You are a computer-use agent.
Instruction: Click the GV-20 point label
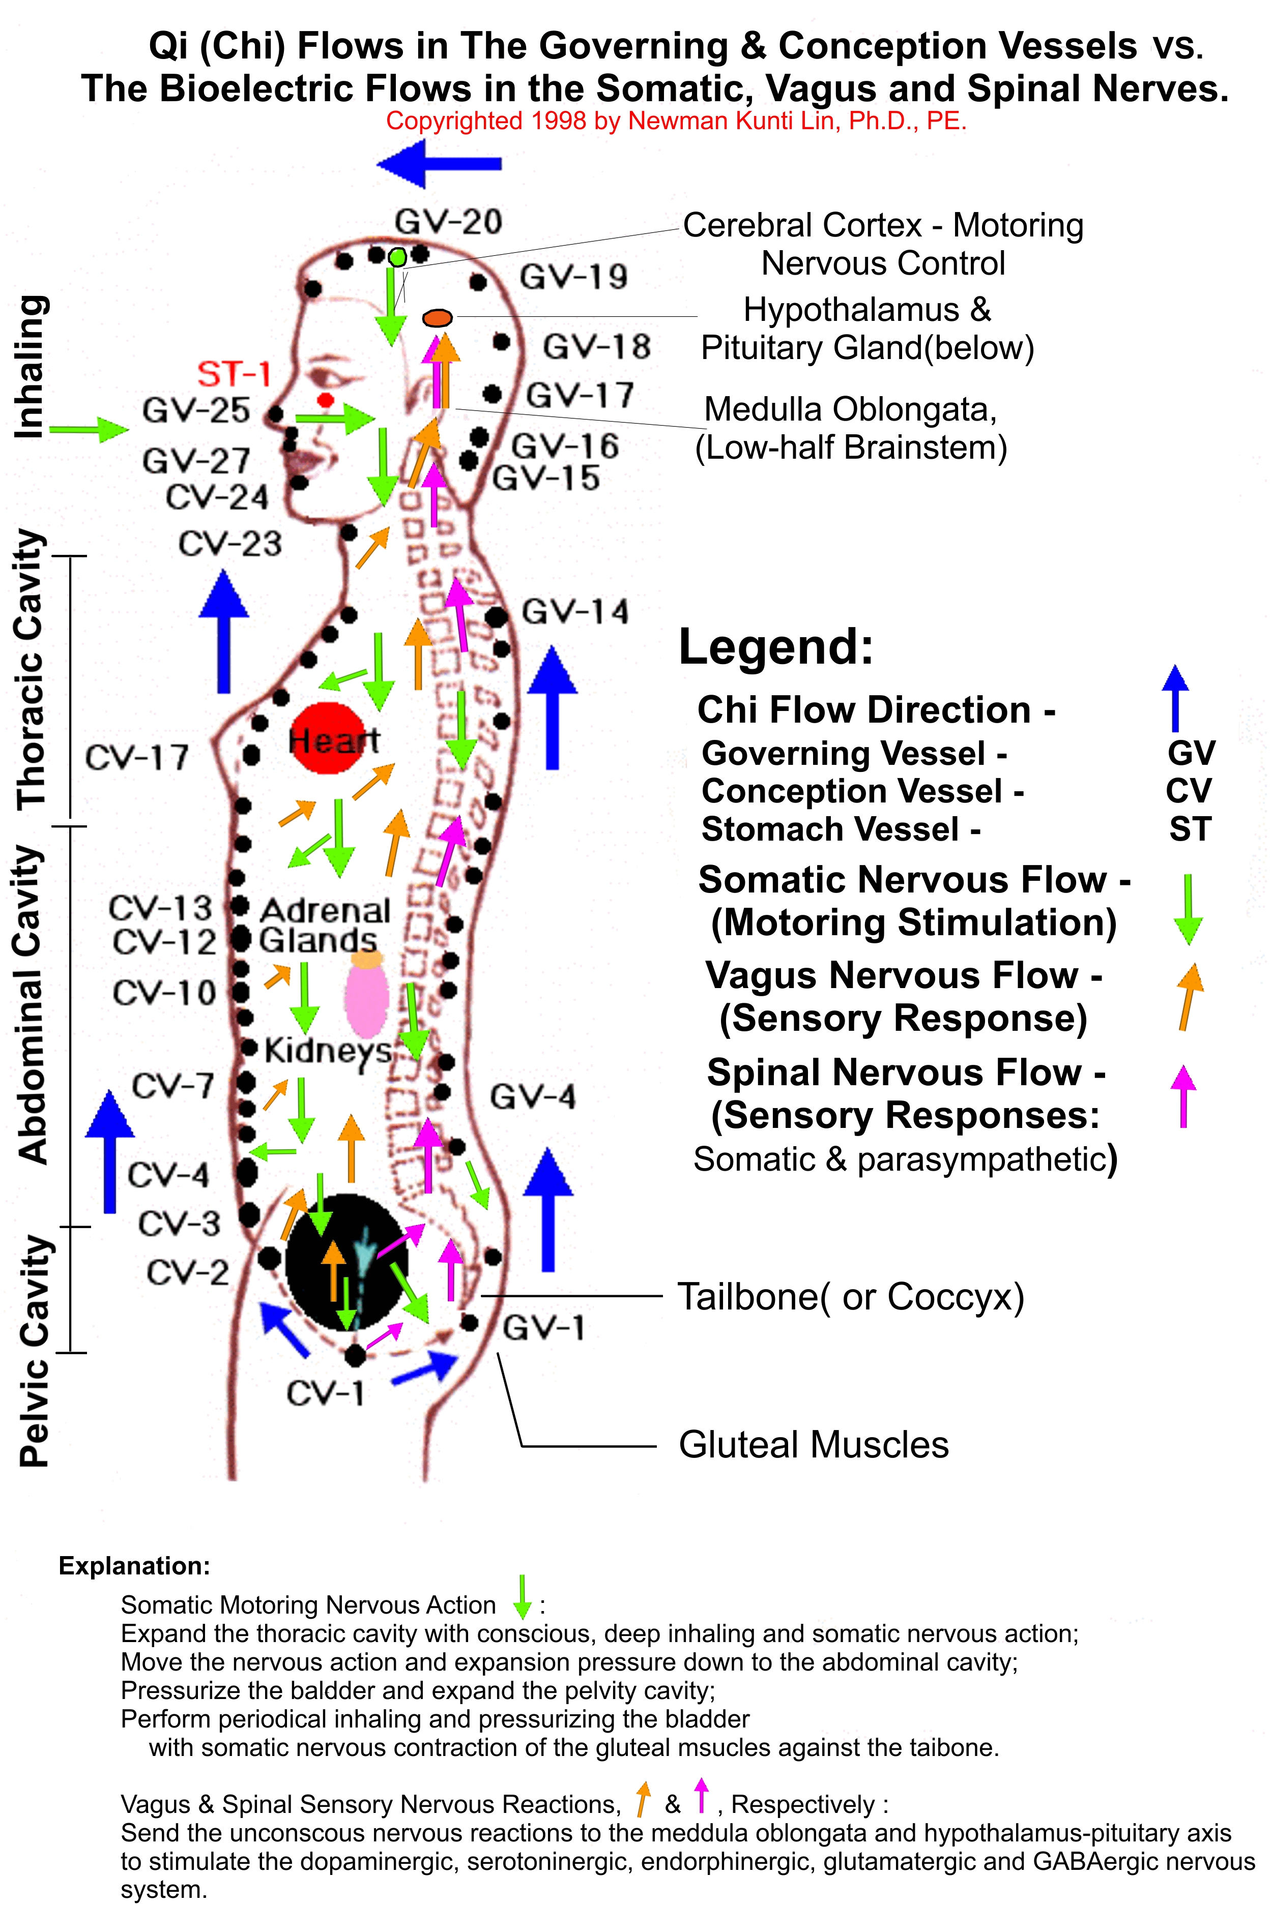pyautogui.click(x=449, y=221)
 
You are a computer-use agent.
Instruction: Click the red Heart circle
pyautogui.click(x=329, y=738)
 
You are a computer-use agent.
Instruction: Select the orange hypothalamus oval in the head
pyautogui.click(x=437, y=318)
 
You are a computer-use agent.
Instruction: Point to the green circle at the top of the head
pyautogui.click(x=397, y=257)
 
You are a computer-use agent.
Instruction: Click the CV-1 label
pyautogui.click(x=325, y=1393)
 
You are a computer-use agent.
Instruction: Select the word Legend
pyautogui.click(x=776, y=647)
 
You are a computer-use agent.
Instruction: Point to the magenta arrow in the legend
pyautogui.click(x=1183, y=1096)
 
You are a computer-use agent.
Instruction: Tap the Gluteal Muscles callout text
pyautogui.click(x=814, y=1445)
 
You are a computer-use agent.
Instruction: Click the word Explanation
pyautogui.click(x=135, y=1566)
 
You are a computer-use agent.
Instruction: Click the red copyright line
pyautogui.click(x=676, y=122)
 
